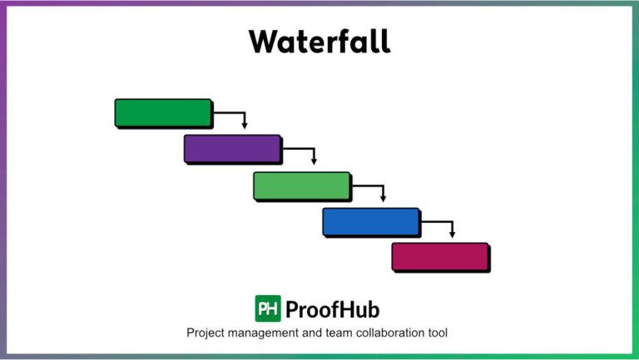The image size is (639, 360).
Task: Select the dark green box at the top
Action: point(163,113)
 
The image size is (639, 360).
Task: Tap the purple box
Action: point(232,149)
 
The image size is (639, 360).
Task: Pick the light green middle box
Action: point(301,185)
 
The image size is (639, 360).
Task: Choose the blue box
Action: point(371,222)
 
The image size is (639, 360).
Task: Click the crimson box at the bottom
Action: point(440,257)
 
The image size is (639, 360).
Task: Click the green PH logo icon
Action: point(268,308)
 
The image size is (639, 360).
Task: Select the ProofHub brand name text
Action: point(332,309)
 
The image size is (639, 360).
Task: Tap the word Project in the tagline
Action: point(207,333)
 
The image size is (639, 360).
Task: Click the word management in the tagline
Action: point(268,333)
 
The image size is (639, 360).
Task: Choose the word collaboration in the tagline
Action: point(392,333)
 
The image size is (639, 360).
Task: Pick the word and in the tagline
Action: point(317,333)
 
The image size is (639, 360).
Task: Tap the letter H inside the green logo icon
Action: point(274,308)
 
